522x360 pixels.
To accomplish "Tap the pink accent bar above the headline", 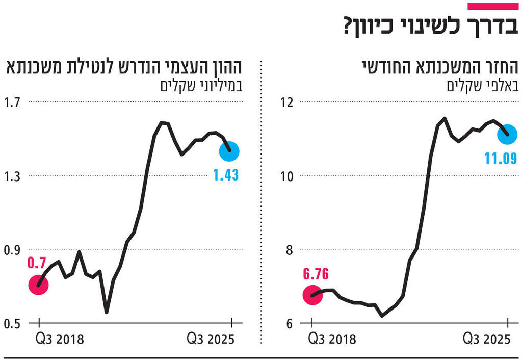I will tap(492, 6).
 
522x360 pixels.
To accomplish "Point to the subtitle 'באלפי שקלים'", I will tap(482, 85).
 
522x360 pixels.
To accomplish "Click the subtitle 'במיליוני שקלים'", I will tap(201, 85).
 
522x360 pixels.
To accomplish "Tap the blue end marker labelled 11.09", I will tap(508, 135).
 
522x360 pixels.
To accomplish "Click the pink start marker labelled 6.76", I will tap(312, 295).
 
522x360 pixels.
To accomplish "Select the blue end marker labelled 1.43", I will tap(229, 151).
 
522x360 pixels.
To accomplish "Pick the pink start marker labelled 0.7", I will tap(38, 285).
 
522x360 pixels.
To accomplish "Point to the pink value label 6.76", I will tap(316, 274).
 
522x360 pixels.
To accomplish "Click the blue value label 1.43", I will tap(226, 175).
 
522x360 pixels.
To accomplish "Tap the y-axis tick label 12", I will tap(288, 102).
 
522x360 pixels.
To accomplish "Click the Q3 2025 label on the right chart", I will tap(486, 339).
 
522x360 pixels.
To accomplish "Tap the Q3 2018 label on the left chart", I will tap(59, 339).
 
